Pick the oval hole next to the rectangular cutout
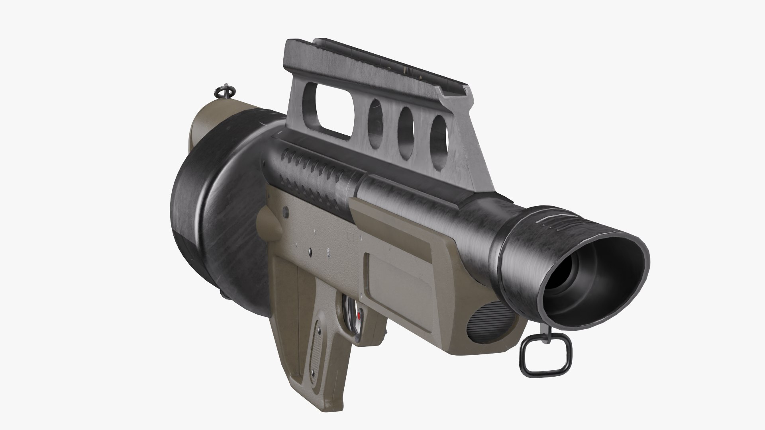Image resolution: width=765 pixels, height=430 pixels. [375, 119]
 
